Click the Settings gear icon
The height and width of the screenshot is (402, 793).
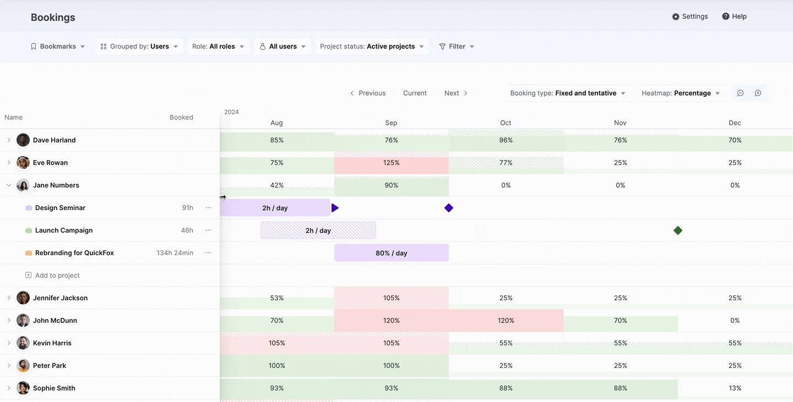676,16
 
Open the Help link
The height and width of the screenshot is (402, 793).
734,16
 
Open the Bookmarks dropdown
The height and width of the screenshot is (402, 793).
58,46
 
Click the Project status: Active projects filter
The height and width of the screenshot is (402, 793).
372,46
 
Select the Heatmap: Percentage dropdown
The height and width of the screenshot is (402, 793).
681,93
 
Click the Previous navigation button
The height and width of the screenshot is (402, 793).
367,93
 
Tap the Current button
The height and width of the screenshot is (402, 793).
415,93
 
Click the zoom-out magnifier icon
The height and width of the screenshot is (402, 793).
740,93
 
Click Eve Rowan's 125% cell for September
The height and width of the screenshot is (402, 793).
391,163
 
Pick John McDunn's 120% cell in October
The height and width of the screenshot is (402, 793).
506,320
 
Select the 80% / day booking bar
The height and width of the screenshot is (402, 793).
391,253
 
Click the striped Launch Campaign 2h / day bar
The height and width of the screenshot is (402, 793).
318,230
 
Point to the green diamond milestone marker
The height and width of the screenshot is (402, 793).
677,230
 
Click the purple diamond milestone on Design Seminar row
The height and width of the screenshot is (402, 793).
448,208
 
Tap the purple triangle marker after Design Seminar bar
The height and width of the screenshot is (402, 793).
335,208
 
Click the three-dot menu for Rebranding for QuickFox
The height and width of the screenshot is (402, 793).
208,253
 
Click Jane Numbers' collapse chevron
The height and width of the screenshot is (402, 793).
9,185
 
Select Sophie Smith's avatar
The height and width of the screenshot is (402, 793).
23,388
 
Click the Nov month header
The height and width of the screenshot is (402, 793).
620,123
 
